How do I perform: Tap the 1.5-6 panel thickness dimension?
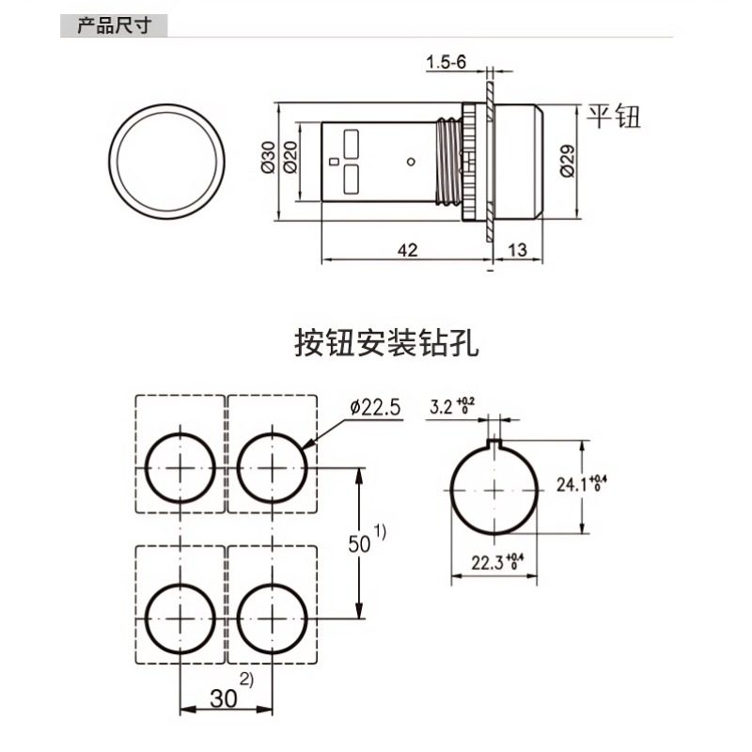tap(446, 63)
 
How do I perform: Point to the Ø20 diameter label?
tap(290, 161)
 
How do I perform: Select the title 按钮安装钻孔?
tap(386, 343)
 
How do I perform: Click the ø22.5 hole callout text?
tap(374, 407)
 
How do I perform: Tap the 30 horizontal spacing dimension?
tap(225, 698)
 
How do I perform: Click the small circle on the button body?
tap(411, 162)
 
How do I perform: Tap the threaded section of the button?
tap(455, 161)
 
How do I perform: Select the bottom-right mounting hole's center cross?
tap(272, 617)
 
